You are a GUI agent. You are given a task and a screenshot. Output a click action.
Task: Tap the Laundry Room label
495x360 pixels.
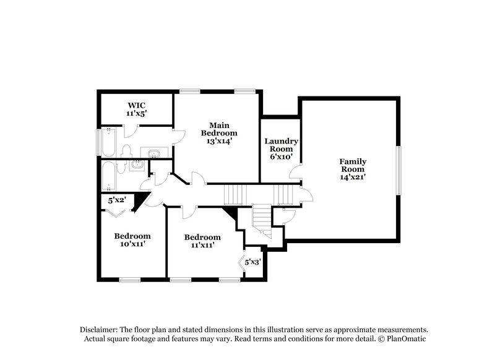click(x=282, y=145)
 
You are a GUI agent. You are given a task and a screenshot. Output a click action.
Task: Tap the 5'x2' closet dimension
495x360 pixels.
click(x=118, y=200)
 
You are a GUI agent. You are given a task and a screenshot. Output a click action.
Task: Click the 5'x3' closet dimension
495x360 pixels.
click(x=252, y=262)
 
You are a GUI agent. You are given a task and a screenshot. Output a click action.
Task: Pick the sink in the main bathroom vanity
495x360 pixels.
click(x=152, y=152)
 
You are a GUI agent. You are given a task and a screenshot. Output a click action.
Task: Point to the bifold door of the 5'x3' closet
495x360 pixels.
click(x=242, y=262)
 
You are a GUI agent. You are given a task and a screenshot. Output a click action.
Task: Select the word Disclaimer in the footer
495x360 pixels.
click(x=98, y=330)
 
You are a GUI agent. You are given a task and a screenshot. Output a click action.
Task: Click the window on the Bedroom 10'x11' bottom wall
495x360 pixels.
click(x=130, y=280)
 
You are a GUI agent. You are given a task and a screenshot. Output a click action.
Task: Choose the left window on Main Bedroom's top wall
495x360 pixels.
click(x=189, y=91)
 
